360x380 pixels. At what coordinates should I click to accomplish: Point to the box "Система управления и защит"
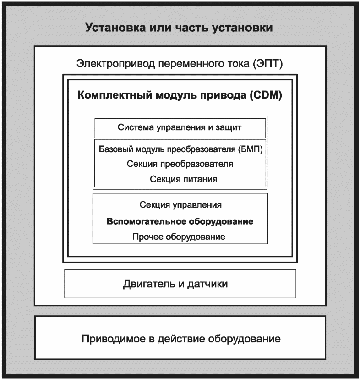point(180,127)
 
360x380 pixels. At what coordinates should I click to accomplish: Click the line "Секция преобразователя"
point(180,164)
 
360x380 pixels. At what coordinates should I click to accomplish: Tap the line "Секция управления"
point(180,205)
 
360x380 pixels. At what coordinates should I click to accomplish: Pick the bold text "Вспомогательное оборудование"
point(180,221)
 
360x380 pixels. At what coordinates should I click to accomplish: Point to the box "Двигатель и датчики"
point(180,284)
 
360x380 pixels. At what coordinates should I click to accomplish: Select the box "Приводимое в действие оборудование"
point(180,340)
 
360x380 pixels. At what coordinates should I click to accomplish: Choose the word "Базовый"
point(115,149)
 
